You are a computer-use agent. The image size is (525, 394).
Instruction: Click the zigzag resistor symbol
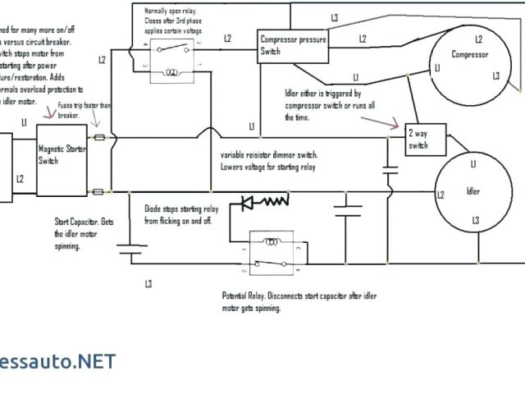[277, 199]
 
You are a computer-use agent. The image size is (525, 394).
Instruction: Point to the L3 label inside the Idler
[476, 221]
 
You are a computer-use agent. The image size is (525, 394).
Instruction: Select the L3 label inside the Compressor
[496, 76]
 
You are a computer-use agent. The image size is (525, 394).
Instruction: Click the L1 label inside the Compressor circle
[439, 66]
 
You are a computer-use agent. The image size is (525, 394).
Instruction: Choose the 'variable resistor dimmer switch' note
[268, 160]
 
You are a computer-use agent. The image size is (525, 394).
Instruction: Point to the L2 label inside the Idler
[441, 195]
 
